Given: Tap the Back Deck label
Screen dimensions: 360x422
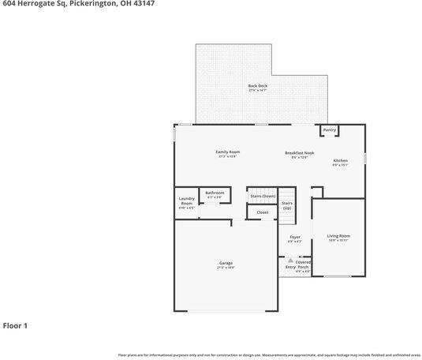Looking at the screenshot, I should pyautogui.click(x=258, y=85).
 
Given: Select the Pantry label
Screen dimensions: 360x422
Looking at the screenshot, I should pyautogui.click(x=330, y=129).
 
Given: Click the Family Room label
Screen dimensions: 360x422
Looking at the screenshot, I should pyautogui.click(x=228, y=152).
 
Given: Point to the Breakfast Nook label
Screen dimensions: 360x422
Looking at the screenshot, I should pyautogui.click(x=300, y=152).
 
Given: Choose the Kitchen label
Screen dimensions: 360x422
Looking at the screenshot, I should pyautogui.click(x=340, y=160).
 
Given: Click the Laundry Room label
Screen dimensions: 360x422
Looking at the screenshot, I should pyautogui.click(x=186, y=201).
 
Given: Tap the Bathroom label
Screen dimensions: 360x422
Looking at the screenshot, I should pyautogui.click(x=215, y=193).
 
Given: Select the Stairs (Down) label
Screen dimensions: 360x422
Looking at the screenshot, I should pyautogui.click(x=263, y=196).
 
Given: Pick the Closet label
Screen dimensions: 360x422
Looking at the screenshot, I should pyautogui.click(x=263, y=212).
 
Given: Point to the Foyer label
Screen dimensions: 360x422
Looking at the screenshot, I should pyautogui.click(x=294, y=237).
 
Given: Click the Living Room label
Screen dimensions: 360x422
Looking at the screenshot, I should pyautogui.click(x=338, y=236).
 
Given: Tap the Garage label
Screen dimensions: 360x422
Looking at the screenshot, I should pyautogui.click(x=226, y=263).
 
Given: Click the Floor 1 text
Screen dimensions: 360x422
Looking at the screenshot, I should pyautogui.click(x=15, y=324).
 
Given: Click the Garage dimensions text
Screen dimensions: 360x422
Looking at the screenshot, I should pyautogui.click(x=226, y=268).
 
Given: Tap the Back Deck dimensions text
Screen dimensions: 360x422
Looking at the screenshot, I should pyautogui.click(x=258, y=91).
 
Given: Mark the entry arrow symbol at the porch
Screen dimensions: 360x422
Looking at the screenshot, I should pyautogui.click(x=289, y=259).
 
